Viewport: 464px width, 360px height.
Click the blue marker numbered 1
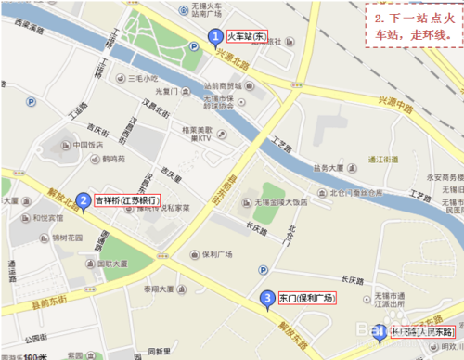coord(215,38)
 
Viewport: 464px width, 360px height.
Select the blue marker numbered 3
coord(267,299)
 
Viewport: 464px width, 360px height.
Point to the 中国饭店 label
coord(86,145)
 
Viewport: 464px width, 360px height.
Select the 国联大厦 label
coord(118,263)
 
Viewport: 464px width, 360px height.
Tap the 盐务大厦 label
coord(332,169)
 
